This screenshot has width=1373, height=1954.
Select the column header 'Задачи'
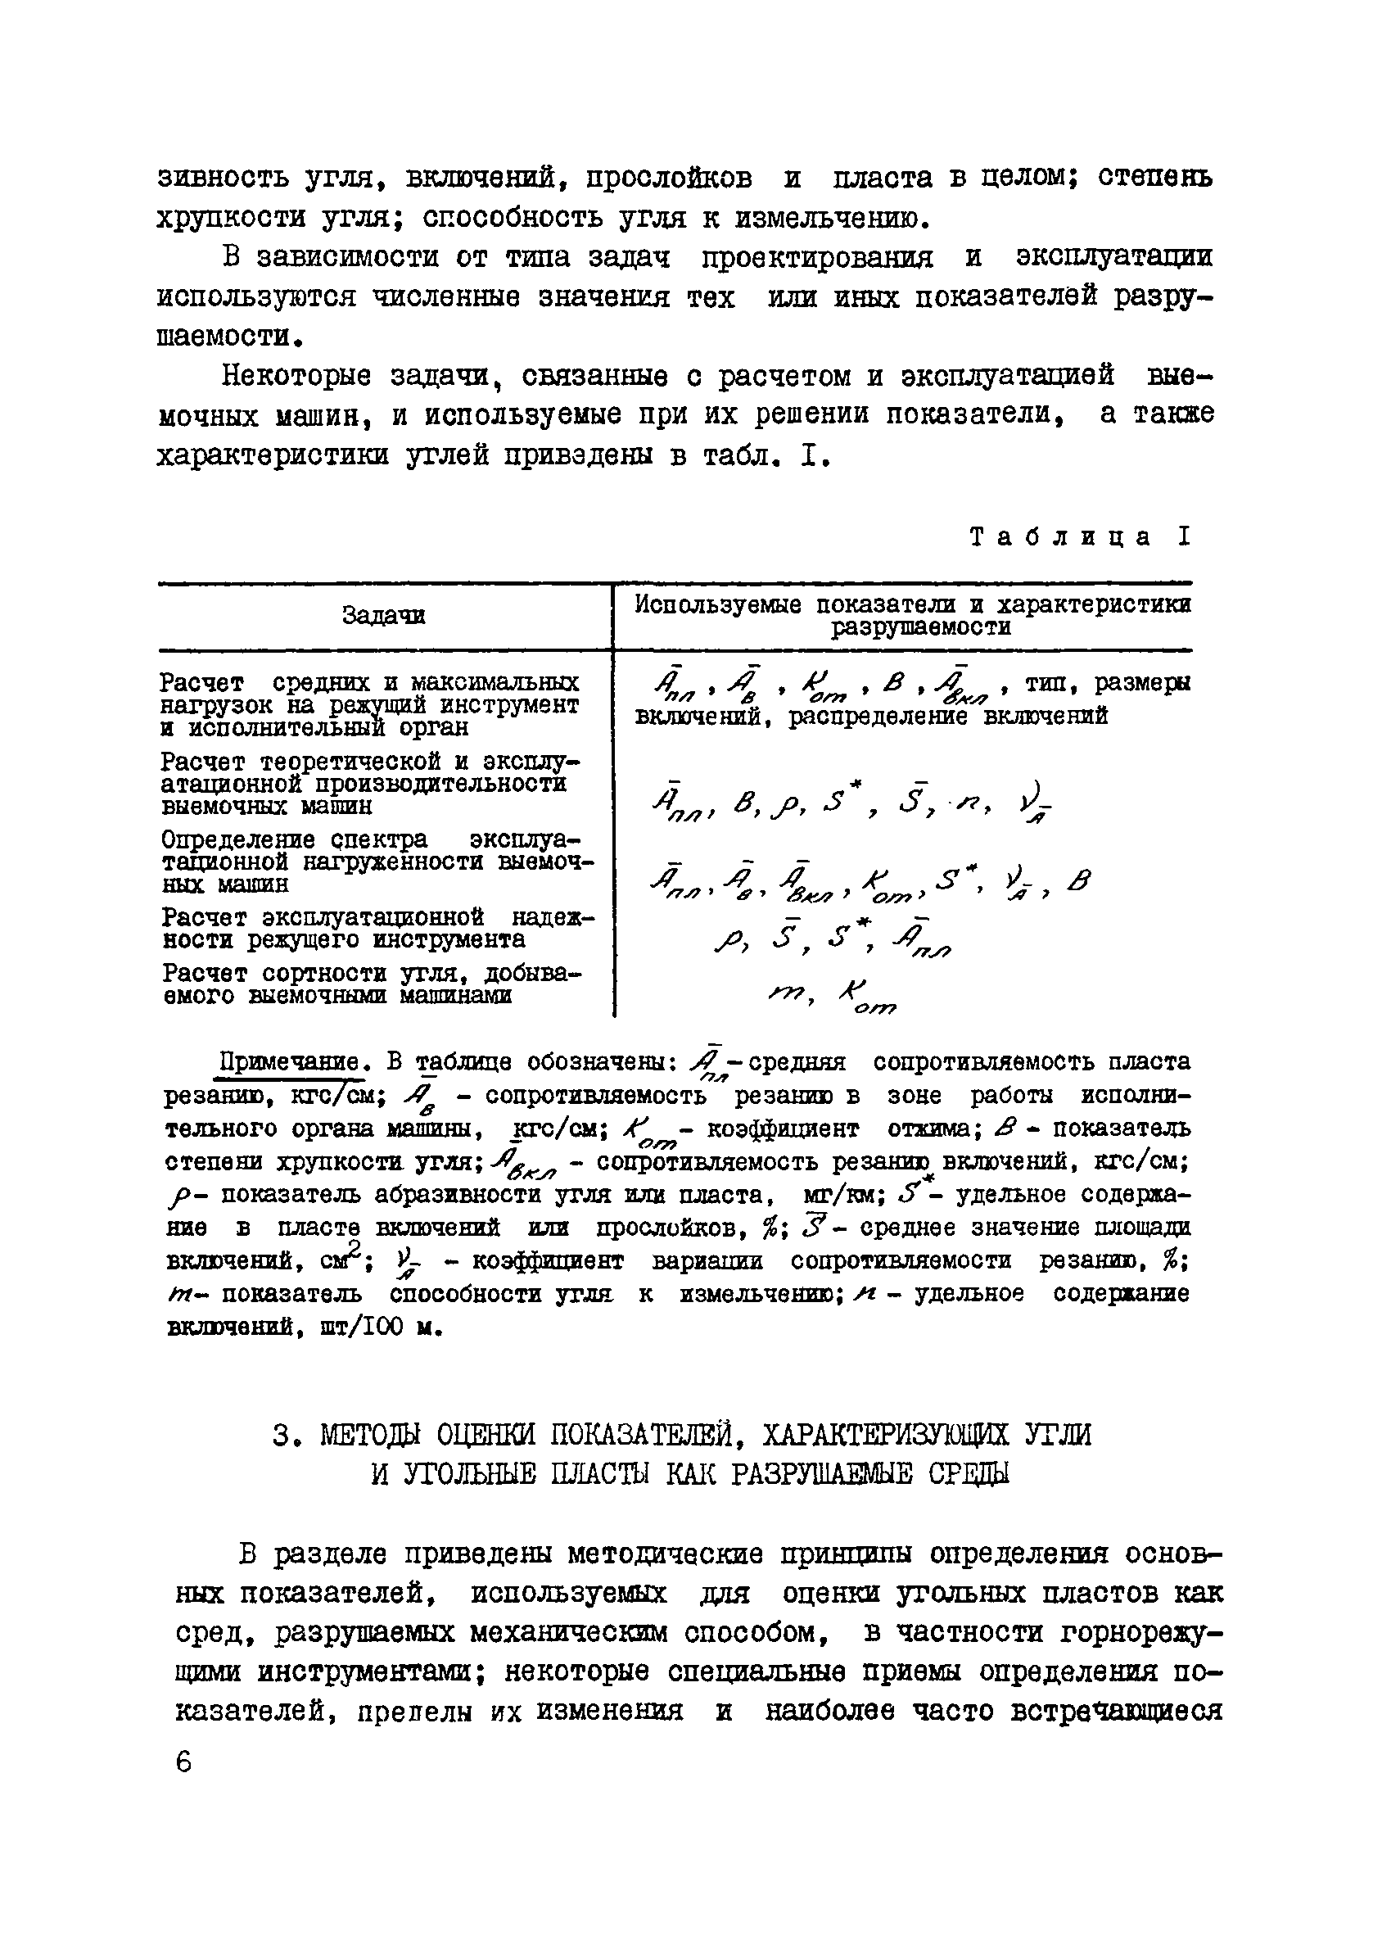tap(384, 615)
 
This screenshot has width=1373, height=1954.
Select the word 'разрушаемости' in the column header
tap(922, 628)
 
